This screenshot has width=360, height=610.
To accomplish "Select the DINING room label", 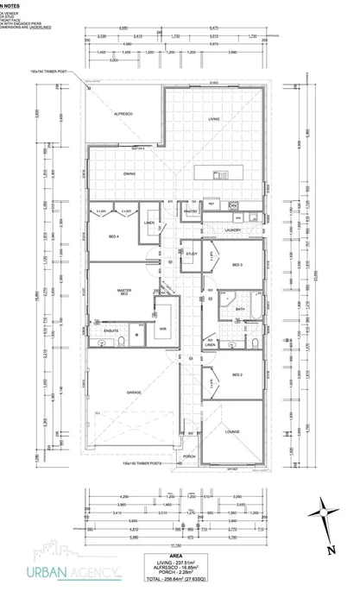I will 129,175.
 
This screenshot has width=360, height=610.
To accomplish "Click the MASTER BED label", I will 123,293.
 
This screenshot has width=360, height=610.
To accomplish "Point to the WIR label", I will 161,329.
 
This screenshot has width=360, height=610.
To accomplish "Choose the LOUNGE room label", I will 232,431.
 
